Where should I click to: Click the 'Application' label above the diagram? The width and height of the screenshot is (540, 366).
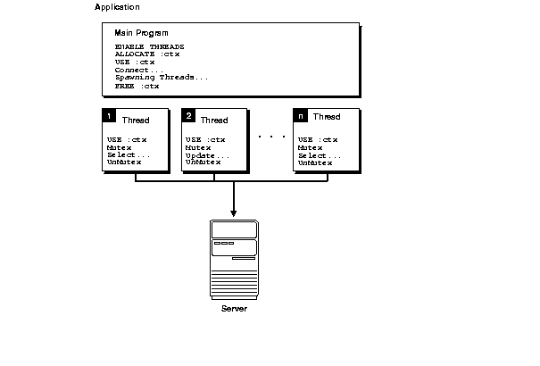(116, 7)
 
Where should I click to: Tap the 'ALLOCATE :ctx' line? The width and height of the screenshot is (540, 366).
(147, 54)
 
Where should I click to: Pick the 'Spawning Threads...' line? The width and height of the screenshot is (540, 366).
(162, 78)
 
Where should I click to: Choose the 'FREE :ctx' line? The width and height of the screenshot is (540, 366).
(137, 86)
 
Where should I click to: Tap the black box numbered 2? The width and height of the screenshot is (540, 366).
(188, 116)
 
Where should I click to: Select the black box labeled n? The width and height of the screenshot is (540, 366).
(300, 116)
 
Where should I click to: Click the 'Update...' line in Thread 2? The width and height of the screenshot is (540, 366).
(207, 155)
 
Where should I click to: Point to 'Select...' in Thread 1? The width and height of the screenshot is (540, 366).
(126, 155)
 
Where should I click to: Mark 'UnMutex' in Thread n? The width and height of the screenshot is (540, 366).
(315, 163)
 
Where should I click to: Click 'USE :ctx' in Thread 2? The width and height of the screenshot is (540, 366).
(205, 140)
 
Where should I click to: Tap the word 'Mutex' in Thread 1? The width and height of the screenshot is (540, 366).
(119, 147)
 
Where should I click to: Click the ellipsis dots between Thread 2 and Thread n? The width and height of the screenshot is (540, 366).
(270, 137)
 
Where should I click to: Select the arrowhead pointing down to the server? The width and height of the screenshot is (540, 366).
(233, 213)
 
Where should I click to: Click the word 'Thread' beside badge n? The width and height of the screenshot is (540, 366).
(326, 117)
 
